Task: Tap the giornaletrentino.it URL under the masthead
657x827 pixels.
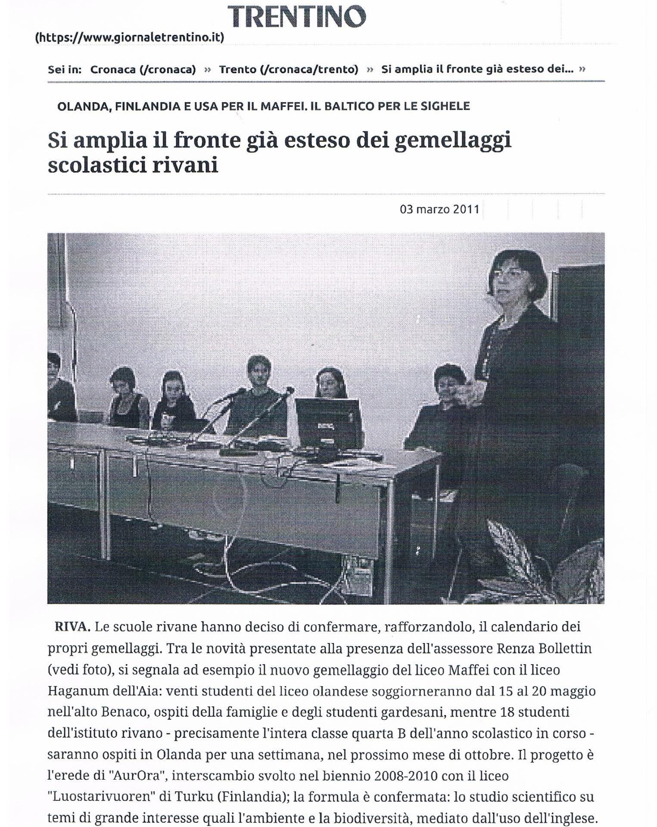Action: click(129, 38)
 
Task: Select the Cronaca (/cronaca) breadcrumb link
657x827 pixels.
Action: click(143, 69)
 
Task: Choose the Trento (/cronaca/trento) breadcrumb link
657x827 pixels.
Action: click(289, 69)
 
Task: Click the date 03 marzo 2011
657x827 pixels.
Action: click(439, 209)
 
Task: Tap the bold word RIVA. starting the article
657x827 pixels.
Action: click(72, 627)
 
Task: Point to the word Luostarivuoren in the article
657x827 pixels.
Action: click(101, 797)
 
